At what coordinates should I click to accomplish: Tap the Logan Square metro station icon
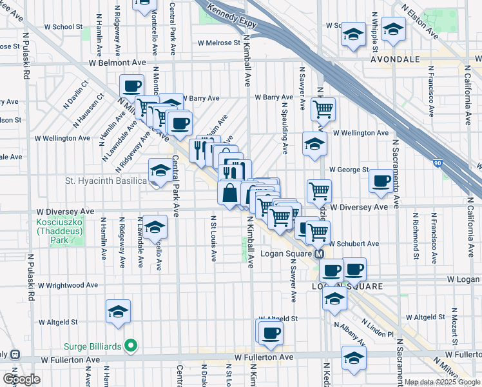coord(319,253)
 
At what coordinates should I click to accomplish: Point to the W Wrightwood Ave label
coord(68,284)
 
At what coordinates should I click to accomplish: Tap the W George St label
coord(348,170)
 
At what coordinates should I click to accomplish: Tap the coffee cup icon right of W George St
coord(381,181)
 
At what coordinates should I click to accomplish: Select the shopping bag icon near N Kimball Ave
coord(230,192)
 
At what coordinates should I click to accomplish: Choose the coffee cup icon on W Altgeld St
coord(271,332)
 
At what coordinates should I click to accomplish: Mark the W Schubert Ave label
coord(354,244)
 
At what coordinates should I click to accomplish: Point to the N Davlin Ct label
coord(77,96)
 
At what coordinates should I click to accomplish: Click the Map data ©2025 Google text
coord(442,382)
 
